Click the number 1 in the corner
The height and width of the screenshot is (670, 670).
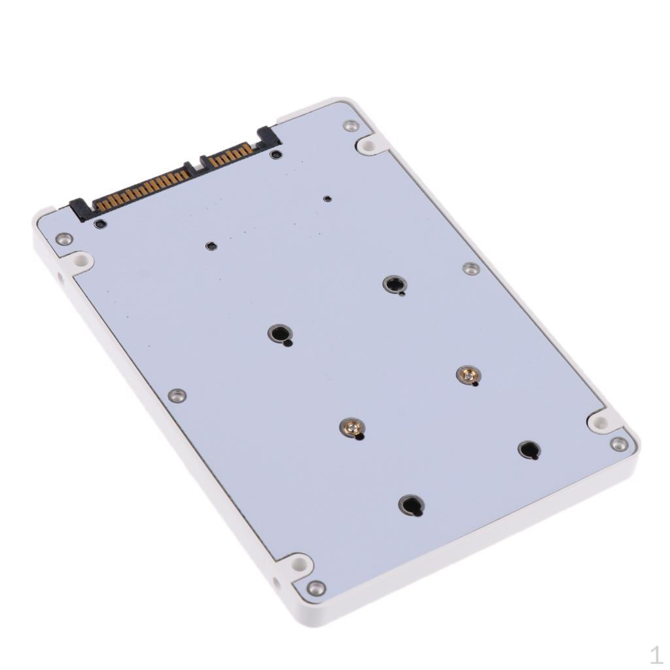pos(655,654)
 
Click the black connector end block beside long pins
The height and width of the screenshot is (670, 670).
pos(80,209)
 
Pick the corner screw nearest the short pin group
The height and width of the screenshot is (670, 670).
pos(351,126)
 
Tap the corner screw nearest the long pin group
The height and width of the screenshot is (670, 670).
pos(63,239)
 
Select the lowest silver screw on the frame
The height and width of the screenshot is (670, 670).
pos(316,588)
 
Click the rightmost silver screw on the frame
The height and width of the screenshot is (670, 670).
pos(618,444)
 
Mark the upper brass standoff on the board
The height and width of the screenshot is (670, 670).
pos(467,375)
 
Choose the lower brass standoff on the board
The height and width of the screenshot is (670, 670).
pos(352,429)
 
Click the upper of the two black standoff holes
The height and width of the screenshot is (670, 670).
pos(529,450)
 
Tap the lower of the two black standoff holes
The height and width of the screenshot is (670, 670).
pos(411,504)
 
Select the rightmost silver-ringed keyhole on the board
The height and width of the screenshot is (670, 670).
pos(395,285)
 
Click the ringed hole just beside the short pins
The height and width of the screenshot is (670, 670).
pos(276,155)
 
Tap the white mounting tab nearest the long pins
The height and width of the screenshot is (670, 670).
pos(80,260)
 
